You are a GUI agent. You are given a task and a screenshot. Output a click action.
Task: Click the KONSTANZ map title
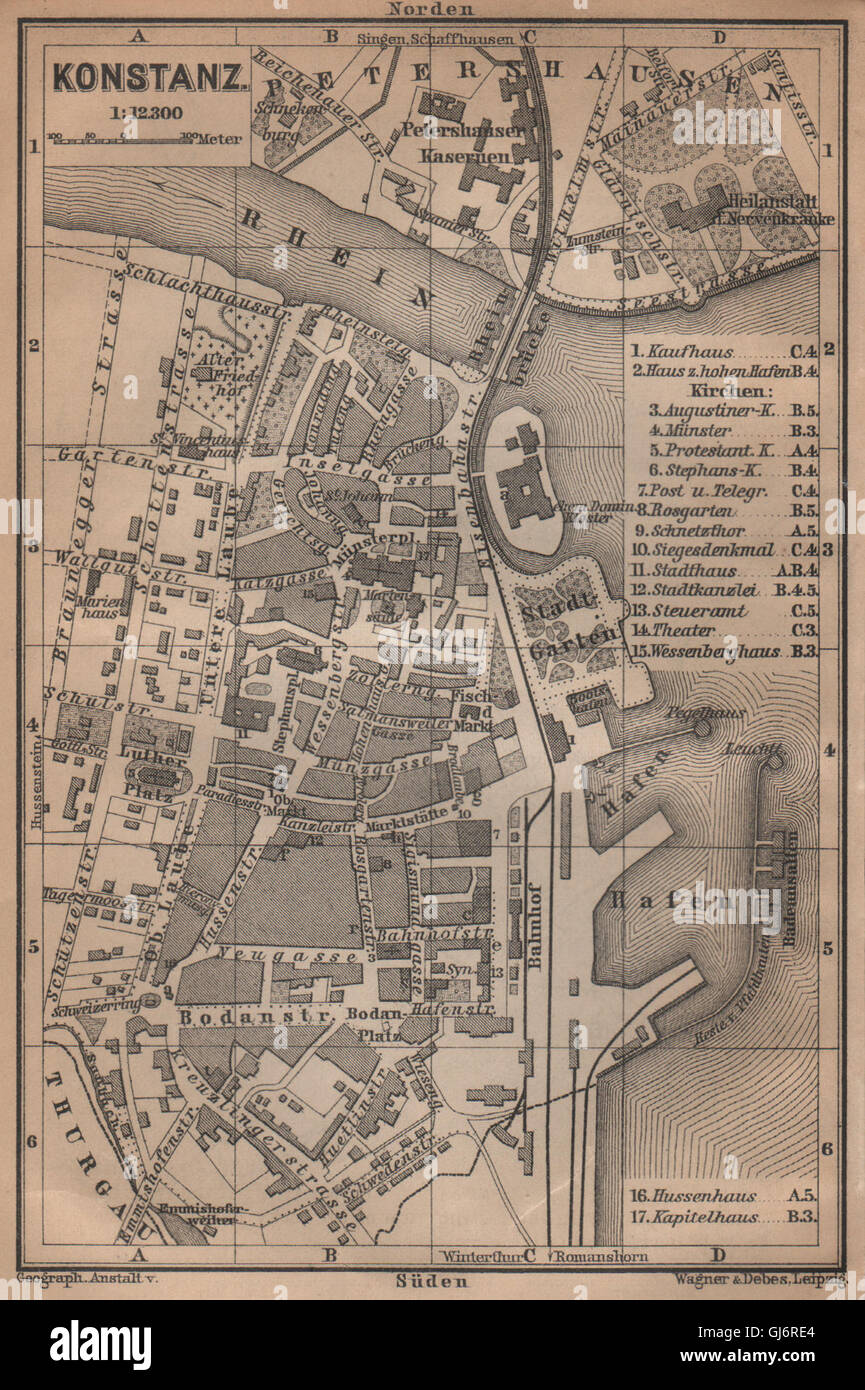point(149,77)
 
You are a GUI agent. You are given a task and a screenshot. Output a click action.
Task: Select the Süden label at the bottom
point(431,1280)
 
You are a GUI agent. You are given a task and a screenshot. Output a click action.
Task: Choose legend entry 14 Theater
point(684,630)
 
